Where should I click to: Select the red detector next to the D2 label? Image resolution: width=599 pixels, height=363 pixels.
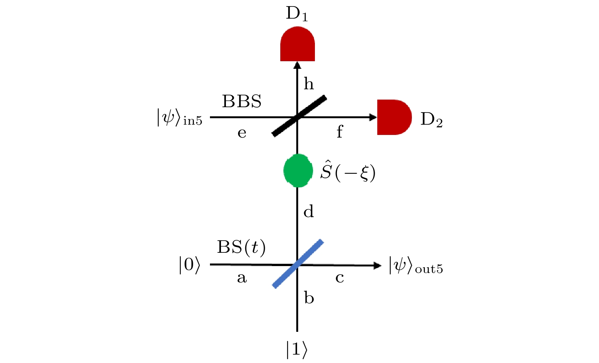[394, 117]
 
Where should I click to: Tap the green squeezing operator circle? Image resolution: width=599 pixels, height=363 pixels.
[298, 171]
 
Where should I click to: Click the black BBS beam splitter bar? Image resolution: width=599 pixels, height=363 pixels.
[299, 116]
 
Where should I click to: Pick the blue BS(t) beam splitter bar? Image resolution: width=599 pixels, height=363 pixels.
[298, 263]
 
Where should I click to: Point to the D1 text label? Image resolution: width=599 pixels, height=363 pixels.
[297, 14]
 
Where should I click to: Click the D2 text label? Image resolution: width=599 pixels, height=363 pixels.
[431, 120]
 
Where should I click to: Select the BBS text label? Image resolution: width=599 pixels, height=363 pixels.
[242, 101]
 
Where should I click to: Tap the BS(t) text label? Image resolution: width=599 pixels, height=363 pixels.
[241, 247]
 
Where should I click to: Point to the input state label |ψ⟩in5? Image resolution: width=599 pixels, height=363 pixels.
[179, 117]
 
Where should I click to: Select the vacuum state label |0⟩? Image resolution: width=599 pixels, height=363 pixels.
[189, 265]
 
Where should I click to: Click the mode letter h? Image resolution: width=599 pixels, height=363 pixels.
[308, 84]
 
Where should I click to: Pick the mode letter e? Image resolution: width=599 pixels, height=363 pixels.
[242, 133]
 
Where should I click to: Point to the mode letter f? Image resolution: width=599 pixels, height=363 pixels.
[340, 132]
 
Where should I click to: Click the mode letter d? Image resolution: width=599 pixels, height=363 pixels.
[308, 211]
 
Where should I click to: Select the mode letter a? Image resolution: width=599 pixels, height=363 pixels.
[242, 278]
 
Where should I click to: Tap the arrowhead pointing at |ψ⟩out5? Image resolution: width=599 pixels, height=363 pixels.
[377, 265]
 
